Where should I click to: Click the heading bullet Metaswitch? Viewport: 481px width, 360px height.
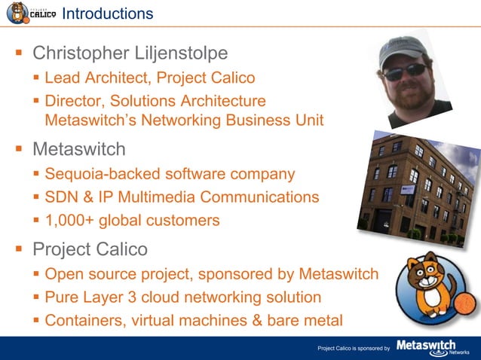point(79,148)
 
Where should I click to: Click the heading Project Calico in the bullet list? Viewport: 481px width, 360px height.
point(90,249)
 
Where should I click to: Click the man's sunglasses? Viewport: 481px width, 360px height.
point(405,73)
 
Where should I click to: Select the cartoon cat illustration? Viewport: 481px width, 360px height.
point(430,285)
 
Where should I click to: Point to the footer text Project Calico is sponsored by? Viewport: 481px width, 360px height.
point(353,349)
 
